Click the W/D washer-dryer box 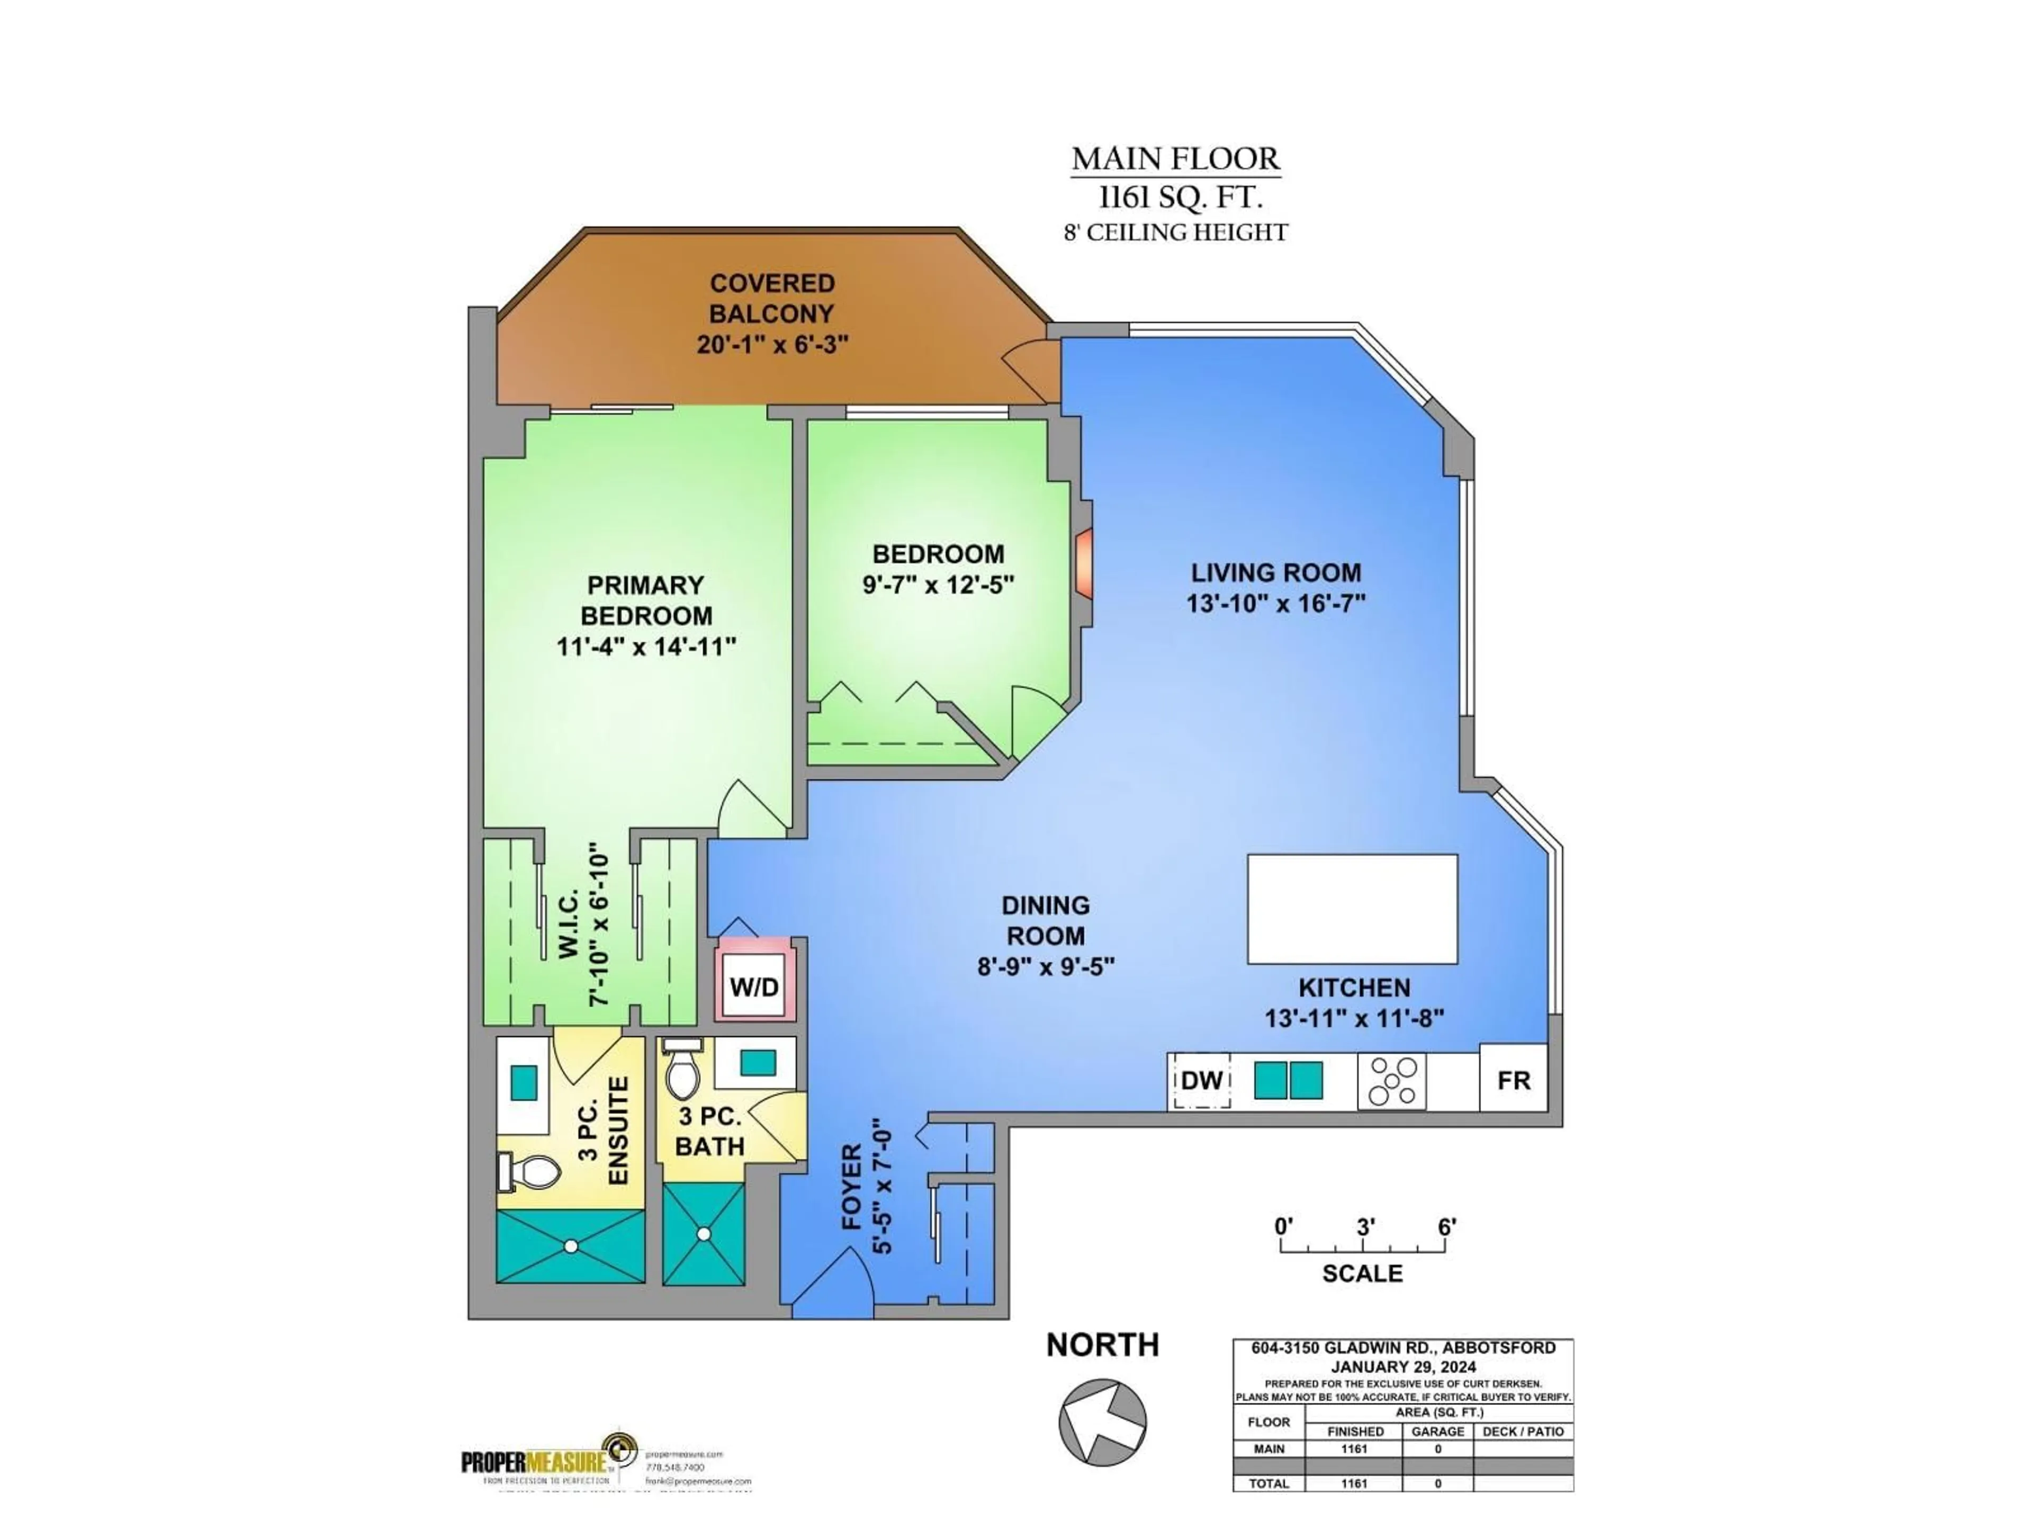[x=754, y=987]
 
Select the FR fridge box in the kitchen [x=1513, y=1080]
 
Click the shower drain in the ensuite [x=571, y=1246]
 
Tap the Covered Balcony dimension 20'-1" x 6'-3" [x=772, y=345]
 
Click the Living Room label [x=1276, y=573]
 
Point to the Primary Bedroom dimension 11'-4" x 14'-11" [x=646, y=646]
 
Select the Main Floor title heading [x=1175, y=159]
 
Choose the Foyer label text [x=851, y=1187]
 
